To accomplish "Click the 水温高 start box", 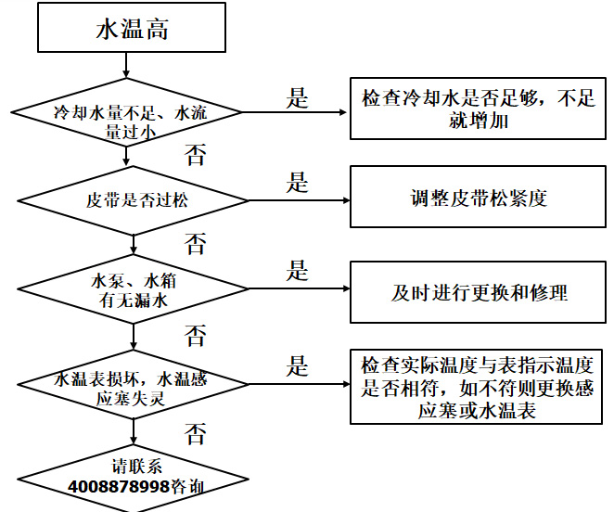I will pyautogui.click(x=133, y=29).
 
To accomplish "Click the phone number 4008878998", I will pyautogui.click(x=119, y=485).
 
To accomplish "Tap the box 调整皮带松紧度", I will pyautogui.click(x=479, y=198).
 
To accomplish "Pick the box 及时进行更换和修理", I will pyautogui.click(x=479, y=292).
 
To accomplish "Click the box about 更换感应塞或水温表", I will pyautogui.click(x=478, y=386).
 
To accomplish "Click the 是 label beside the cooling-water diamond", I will pyautogui.click(x=297, y=98).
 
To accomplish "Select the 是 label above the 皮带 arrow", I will pyautogui.click(x=297, y=182).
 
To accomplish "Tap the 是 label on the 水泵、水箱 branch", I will pyautogui.click(x=297, y=272).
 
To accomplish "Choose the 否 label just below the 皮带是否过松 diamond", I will pyautogui.click(x=196, y=244).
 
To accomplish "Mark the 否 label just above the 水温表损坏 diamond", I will pyautogui.click(x=196, y=335).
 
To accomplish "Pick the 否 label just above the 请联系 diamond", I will pyautogui.click(x=196, y=432).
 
